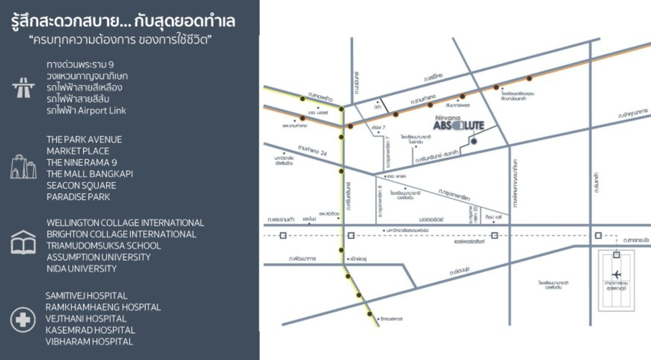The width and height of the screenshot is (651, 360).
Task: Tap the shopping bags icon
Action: pyautogui.click(x=23, y=167)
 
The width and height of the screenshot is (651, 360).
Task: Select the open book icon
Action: pyautogui.click(x=23, y=242)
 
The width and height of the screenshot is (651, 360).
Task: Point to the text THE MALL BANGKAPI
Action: pyautogui.click(x=90, y=174)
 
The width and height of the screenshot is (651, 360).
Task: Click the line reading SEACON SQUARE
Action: pyautogui.click(x=81, y=185)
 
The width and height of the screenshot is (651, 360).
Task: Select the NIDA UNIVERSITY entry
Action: pyautogui.click(x=81, y=268)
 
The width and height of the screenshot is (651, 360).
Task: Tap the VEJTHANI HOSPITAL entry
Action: pyautogui.click(x=87, y=319)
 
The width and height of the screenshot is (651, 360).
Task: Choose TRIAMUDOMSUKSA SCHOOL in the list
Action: pyautogui.click(x=104, y=246)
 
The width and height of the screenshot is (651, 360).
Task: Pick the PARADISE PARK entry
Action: pyautogui.click(x=78, y=197)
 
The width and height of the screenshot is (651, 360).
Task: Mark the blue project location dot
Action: pyautogui.click(x=474, y=141)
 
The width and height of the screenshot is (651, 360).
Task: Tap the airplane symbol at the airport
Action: pyautogui.click(x=617, y=274)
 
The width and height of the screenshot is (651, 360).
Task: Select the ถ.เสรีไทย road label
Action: pyautogui.click(x=435, y=79)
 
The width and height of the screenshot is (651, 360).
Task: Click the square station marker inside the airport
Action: pyautogui.click(x=617, y=254)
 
